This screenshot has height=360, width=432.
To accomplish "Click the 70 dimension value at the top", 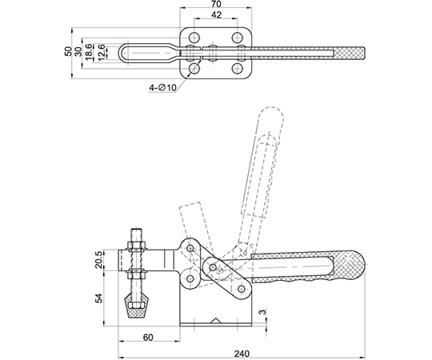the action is click(217, 4).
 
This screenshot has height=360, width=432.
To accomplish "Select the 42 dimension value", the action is click(217, 14).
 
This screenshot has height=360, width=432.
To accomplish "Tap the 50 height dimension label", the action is click(68, 51).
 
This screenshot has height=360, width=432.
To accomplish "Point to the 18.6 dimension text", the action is click(89, 51).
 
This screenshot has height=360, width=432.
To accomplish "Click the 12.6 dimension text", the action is click(101, 51).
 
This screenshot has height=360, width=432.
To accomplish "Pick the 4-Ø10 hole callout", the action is click(162, 87).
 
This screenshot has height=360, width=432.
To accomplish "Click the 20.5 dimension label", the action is click(99, 259).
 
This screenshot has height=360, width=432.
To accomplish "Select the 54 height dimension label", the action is click(99, 298).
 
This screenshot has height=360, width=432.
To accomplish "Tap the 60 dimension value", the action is click(148, 337).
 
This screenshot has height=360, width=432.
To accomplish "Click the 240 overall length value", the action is click(242, 354).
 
